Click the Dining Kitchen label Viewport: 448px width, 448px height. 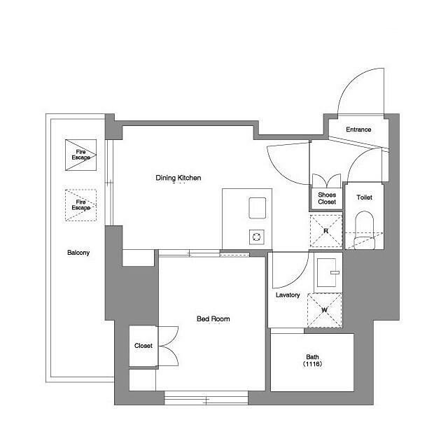click(178, 178)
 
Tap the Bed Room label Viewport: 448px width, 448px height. click(213, 318)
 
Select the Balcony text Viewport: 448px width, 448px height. click(78, 253)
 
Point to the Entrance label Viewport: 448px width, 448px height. click(358, 129)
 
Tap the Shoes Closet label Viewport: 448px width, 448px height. click(327, 198)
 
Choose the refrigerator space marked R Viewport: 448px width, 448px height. click(326, 231)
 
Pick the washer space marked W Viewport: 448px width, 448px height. click(325, 310)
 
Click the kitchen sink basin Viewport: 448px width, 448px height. click(258, 208)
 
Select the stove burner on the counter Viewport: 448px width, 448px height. click(257, 237)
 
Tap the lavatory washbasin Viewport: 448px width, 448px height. click(328, 272)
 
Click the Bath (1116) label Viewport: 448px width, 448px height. click(312, 360)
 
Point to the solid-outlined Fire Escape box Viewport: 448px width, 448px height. click(81, 155)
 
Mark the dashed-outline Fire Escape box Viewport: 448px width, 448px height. click(81, 205)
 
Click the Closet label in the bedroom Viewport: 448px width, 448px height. click(143, 346)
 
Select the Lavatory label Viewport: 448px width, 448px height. click(288, 295)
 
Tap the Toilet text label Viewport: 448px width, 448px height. click(364, 197)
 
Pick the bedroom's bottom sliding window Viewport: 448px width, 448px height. click(206, 398)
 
